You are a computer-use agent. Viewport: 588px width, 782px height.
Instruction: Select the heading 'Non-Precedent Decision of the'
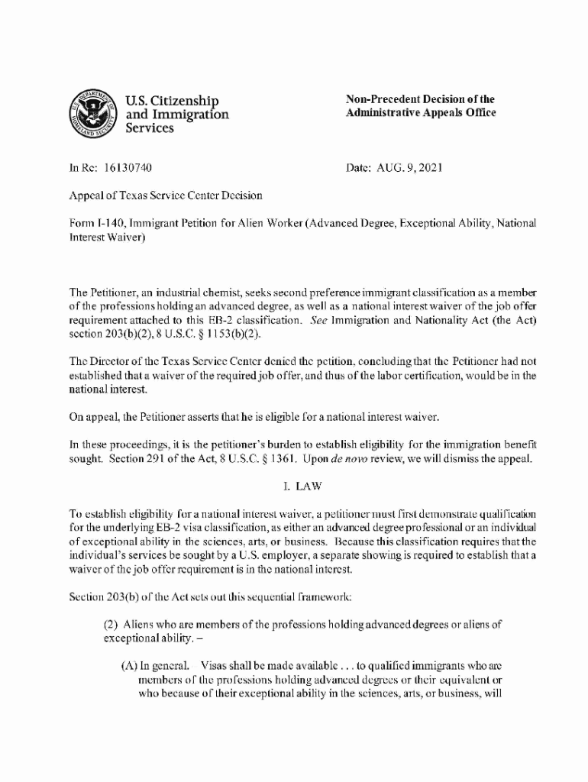click(x=420, y=99)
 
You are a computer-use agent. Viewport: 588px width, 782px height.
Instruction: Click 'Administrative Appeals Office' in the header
click(x=421, y=113)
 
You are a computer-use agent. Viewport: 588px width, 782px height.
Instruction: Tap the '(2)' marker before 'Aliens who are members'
click(x=111, y=624)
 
